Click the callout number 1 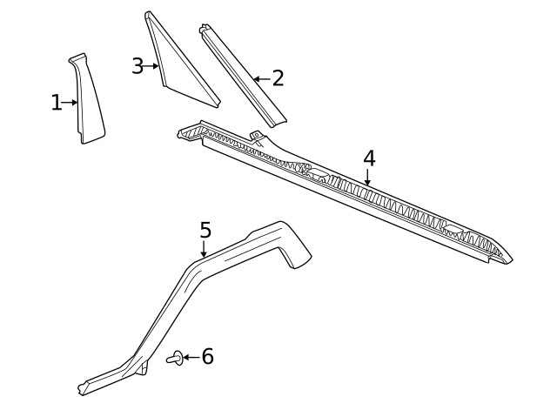[57, 103]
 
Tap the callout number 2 [278, 78]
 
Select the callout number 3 [138, 65]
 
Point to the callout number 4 [369, 158]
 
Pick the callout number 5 [205, 231]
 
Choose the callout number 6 [207, 356]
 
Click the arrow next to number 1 [71, 103]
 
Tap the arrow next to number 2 [261, 78]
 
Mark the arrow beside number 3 [152, 66]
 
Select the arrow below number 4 [367, 178]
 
